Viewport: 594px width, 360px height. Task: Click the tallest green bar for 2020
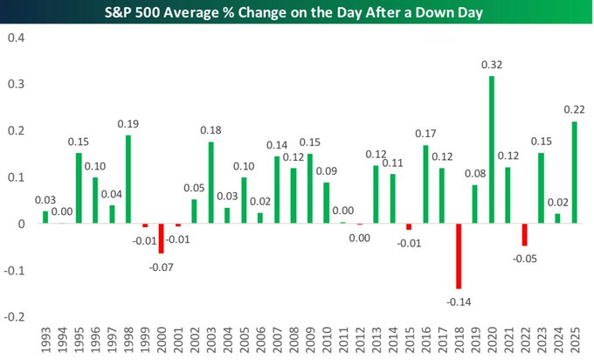tap(492, 149)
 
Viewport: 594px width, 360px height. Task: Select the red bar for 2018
tap(459, 256)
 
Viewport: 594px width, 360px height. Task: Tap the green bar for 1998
tap(128, 179)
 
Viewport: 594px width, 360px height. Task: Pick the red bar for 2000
tap(161, 239)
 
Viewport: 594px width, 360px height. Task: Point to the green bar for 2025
tap(574, 172)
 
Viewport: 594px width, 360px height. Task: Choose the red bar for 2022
tap(525, 234)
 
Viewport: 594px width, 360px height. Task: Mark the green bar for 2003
tap(211, 183)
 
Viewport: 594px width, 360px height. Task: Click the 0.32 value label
tap(492, 65)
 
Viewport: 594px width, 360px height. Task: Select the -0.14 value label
tap(459, 302)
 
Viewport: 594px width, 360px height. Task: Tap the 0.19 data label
tap(128, 124)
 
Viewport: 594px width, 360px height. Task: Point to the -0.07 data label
tap(161, 267)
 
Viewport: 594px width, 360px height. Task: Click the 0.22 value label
tap(574, 109)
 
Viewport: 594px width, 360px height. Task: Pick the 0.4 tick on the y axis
tap(17, 38)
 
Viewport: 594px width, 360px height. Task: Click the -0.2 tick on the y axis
tap(14, 316)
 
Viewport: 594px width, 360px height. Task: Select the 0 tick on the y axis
tap(21, 224)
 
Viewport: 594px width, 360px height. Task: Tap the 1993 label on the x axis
tap(45, 340)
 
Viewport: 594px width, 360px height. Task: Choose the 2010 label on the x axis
tap(327, 340)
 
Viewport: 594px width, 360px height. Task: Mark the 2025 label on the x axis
tap(574, 340)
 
